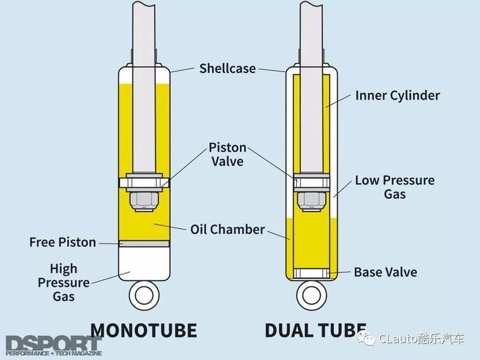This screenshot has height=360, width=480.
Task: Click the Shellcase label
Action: [227, 69]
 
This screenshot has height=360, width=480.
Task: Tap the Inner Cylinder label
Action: [397, 95]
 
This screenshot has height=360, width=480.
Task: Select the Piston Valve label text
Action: [227, 154]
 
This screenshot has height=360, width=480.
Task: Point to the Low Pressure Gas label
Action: [394, 187]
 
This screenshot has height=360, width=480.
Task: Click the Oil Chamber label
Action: [227, 230]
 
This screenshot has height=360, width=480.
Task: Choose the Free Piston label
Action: [62, 242]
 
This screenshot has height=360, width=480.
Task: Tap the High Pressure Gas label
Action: [63, 283]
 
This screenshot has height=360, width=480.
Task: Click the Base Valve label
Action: [385, 272]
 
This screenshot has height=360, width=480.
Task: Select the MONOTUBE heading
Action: [143, 331]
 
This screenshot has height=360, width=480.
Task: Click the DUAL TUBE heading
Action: [315, 331]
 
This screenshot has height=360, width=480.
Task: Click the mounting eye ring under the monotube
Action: [144, 296]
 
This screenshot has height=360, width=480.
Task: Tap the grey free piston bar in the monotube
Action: [144, 243]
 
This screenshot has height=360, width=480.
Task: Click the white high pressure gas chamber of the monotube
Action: [144, 264]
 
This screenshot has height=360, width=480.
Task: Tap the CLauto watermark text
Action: [419, 339]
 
